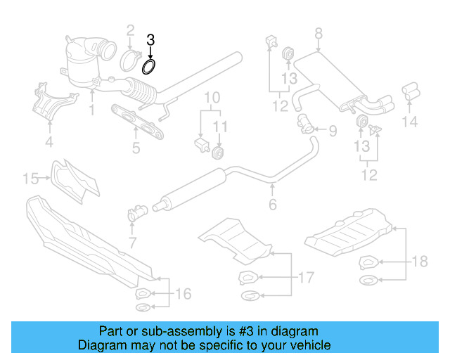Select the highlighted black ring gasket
(x=149, y=67)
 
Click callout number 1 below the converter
(x=91, y=110)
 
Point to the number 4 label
(x=49, y=144)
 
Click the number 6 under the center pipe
(x=272, y=205)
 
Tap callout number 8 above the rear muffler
(x=318, y=33)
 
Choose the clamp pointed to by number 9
(x=307, y=127)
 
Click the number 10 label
(x=212, y=96)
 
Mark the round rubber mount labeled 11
(x=219, y=153)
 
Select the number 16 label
(x=182, y=293)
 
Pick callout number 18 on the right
(x=419, y=262)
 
